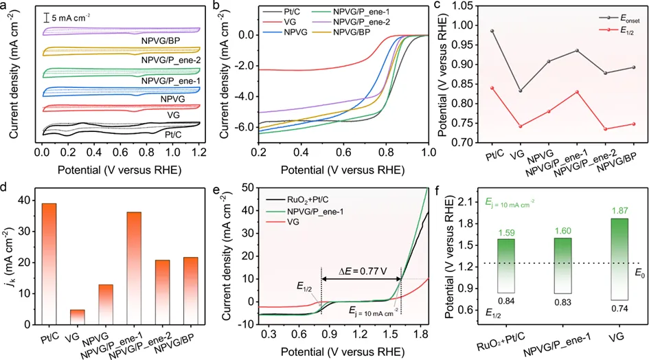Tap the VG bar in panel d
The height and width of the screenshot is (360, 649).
coord(78,317)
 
